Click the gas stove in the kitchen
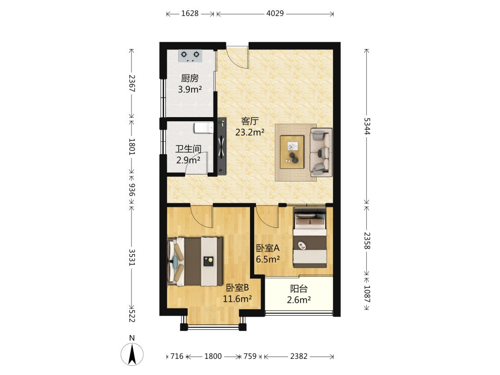click(190, 56)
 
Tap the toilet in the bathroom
click(204, 128)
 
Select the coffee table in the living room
click(292, 152)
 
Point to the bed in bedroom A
click(310, 238)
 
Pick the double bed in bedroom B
click(195, 262)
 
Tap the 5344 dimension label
click(367, 126)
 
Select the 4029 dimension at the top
click(275, 13)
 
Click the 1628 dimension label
click(190, 13)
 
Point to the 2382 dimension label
click(299, 356)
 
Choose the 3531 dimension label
click(131, 257)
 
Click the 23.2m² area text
click(250, 132)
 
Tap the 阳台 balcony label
click(299, 289)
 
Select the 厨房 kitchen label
click(190, 78)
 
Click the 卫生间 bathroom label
click(188, 149)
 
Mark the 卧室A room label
click(268, 248)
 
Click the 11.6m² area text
click(237, 299)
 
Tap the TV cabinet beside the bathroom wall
click(222, 146)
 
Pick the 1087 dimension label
click(367, 294)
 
